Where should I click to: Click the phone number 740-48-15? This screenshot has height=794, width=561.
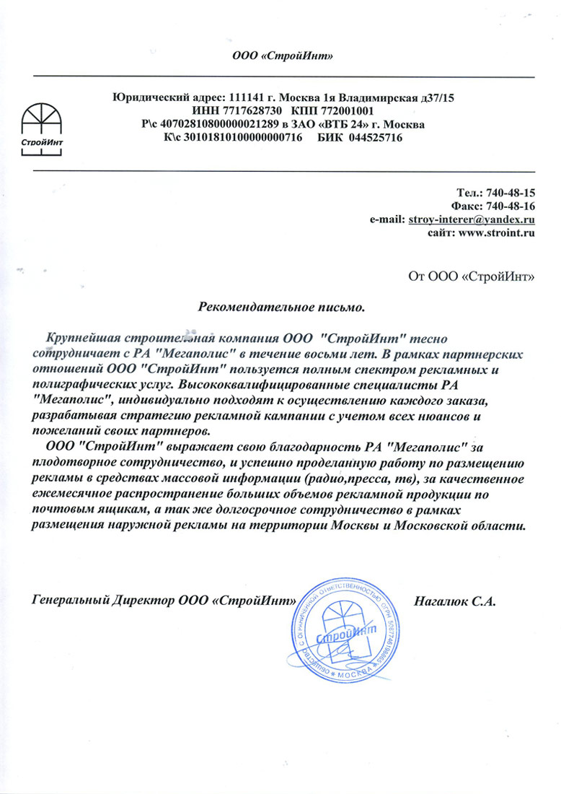point(510,193)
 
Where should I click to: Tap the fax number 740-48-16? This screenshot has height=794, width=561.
point(510,206)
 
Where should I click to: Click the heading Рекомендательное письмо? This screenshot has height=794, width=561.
point(282,307)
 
